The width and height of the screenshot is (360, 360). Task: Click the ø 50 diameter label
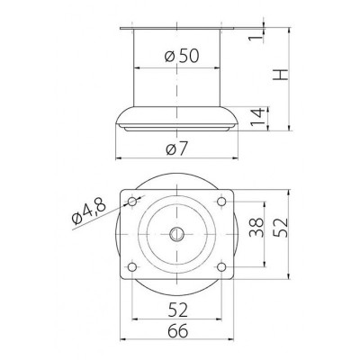182,56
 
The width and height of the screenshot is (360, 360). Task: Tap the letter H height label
281,75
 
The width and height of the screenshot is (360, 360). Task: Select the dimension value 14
258,118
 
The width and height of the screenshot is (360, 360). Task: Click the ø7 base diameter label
176,148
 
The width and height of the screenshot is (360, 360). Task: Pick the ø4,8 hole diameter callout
89,211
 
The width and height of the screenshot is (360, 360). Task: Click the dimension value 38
256,228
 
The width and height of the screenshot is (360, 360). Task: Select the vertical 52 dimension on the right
281,228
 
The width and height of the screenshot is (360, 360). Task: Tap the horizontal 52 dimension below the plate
177,310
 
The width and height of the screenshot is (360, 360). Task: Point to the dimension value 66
177,331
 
